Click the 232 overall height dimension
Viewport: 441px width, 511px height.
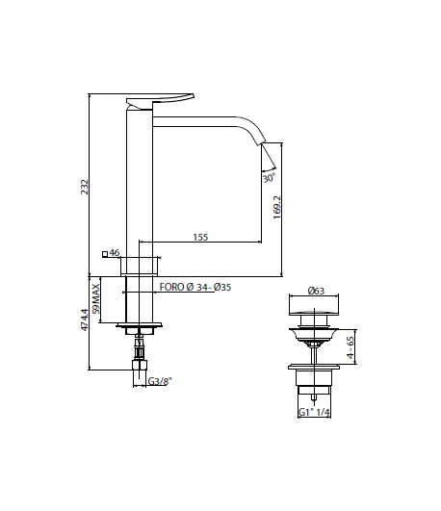click(83, 186)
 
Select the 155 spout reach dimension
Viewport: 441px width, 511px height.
click(201, 236)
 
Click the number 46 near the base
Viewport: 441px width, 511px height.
click(115, 253)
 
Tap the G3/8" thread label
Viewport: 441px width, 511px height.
click(159, 381)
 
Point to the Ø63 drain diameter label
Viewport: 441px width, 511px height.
click(315, 290)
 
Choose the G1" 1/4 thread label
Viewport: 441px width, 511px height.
click(315, 412)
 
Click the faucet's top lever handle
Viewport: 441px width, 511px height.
click(160, 98)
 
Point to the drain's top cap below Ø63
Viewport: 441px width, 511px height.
click(315, 310)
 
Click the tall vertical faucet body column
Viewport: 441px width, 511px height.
click(141, 183)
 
